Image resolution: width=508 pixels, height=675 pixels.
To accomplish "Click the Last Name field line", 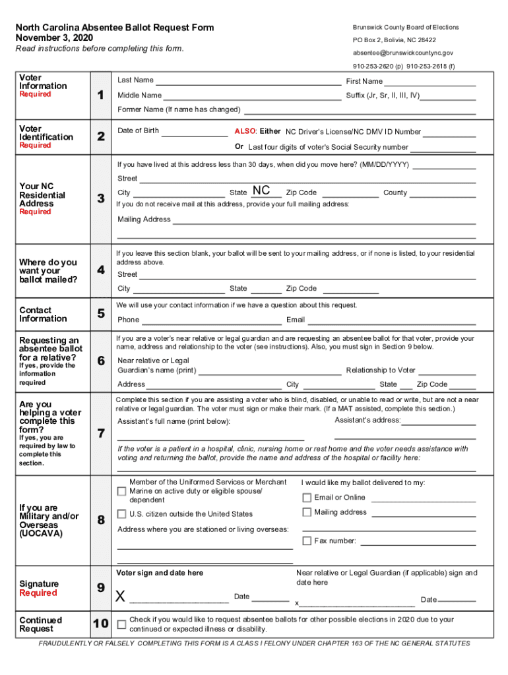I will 248,81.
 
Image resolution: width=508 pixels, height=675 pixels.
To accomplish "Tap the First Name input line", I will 429,82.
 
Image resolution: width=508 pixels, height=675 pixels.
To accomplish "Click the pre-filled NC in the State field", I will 261,191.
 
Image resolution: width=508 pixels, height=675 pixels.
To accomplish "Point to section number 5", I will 100,314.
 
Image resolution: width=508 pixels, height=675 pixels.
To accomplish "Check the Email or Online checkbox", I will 307,498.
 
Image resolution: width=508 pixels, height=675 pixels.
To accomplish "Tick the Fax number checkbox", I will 307,541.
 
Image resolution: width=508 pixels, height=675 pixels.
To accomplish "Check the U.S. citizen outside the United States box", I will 121,514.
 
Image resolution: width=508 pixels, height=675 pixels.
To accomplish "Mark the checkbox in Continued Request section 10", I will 121,624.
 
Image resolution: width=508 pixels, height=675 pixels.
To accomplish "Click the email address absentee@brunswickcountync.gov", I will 402,53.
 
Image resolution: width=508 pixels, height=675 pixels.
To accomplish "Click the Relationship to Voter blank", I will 447,370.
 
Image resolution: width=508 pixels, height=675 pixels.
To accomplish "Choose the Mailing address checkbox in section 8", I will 307,512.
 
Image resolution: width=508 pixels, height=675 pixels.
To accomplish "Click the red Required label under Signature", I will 38,593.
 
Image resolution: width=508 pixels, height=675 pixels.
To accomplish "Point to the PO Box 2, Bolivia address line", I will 394,40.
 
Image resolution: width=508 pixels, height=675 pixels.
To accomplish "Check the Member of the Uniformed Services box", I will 121,491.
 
